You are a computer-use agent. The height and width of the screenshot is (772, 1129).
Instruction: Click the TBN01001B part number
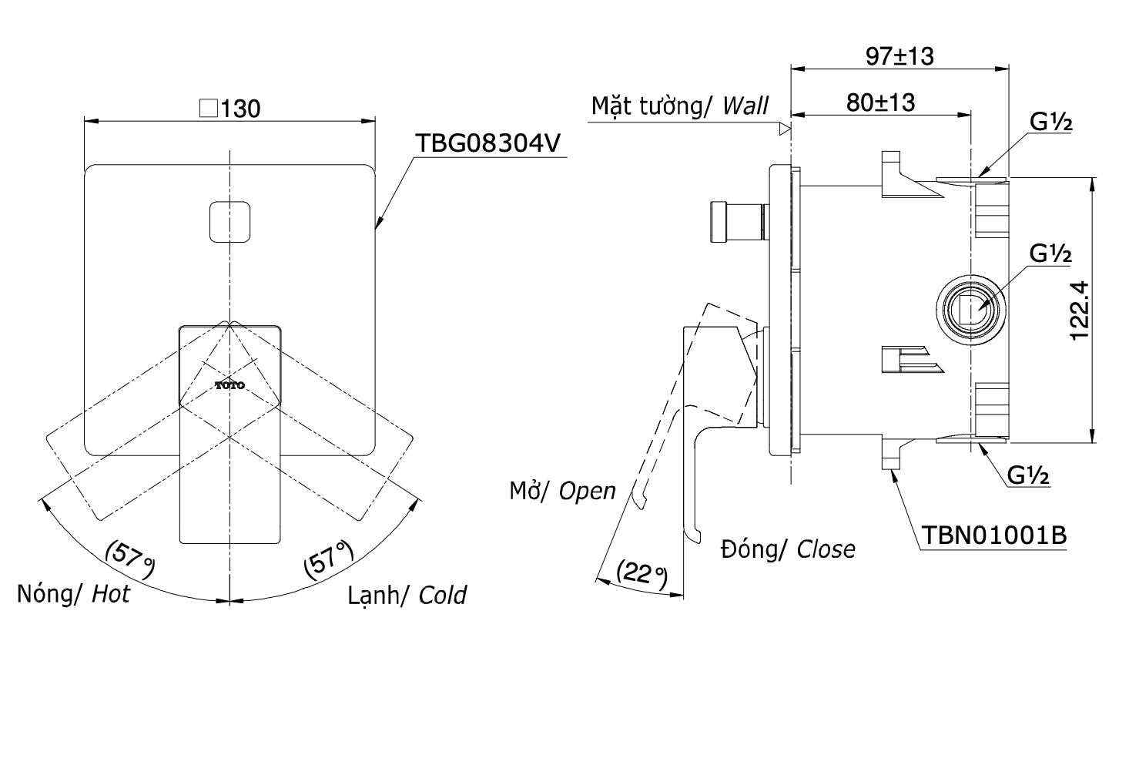pos(993,535)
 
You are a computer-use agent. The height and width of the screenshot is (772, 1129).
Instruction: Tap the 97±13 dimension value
pos(900,55)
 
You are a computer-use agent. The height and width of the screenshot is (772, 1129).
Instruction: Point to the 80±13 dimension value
pos(880,102)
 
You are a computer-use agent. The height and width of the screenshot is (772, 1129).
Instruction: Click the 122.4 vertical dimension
pos(1080,310)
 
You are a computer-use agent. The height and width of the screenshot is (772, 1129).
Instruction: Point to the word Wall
pos(745,106)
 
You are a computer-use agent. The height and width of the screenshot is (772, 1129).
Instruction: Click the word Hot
pos(111,594)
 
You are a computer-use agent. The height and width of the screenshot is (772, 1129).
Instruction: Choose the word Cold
pos(443,595)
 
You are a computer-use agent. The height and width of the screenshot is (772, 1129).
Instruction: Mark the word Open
pos(588,491)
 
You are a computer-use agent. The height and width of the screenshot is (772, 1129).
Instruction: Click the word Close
pos(826,549)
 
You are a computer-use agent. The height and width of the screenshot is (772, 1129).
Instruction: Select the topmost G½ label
pos(1050,123)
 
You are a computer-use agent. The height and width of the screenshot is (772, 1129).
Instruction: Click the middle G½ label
pos(1050,253)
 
